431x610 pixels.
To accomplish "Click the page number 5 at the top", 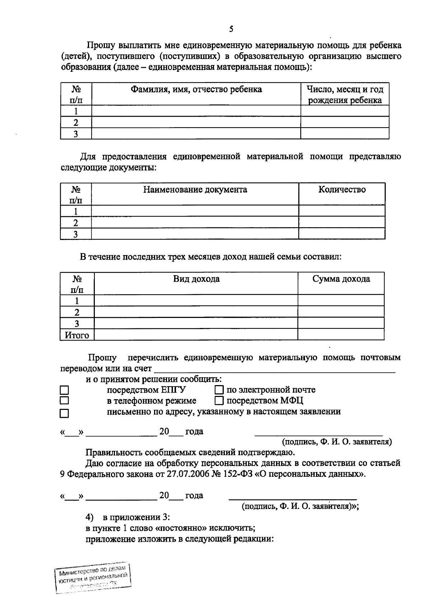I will tap(231, 29).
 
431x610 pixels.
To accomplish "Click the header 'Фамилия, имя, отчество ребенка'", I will tap(196, 89).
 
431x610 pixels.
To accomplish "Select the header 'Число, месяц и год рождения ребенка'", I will tap(345, 94).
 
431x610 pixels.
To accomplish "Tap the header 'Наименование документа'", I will tap(195, 189).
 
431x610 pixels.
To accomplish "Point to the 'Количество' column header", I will tap(342, 189).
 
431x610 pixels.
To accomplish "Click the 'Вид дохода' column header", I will tap(196, 279).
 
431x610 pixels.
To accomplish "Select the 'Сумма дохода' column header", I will tap(341, 279).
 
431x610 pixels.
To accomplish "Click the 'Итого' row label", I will tap(77, 335).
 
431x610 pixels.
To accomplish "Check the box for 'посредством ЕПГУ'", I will tap(64, 390).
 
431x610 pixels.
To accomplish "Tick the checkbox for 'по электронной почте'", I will tap(219, 390).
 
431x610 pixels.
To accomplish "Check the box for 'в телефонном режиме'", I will tap(64, 400).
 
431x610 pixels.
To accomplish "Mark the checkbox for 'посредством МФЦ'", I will tap(219, 400).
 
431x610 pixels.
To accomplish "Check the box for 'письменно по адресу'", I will tap(64, 413).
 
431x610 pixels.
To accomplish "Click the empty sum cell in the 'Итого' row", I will tap(340, 335).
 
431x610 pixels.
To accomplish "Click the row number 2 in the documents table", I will tap(75, 222).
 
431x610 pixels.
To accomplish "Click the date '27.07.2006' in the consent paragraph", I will tap(186, 474).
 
